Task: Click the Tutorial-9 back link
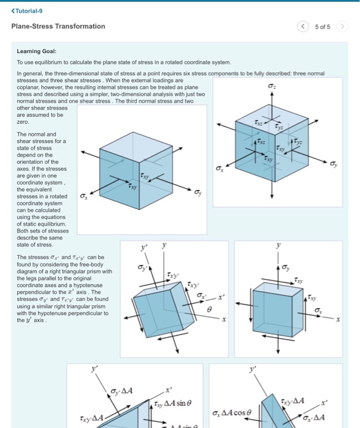point(27,11)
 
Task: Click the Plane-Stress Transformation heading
point(58,26)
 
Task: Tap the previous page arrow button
point(303,26)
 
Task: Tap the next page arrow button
point(342,26)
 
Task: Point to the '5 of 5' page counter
point(322,27)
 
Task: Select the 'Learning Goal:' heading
point(37,51)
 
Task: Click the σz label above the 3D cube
point(271,86)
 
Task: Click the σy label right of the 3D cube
point(334,164)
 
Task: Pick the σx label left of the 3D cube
point(219,169)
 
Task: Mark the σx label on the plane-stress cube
point(84,196)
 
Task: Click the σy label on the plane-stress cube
point(198,193)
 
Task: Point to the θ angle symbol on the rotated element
point(210,309)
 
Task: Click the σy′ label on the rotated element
point(142,267)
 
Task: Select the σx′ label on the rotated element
point(202,296)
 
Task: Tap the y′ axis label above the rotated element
point(144,247)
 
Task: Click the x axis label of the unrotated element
point(338,319)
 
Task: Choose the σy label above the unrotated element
point(285,268)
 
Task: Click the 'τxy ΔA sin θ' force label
point(173,404)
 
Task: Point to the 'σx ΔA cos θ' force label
point(232,413)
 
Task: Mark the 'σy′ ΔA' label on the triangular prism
point(122,391)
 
